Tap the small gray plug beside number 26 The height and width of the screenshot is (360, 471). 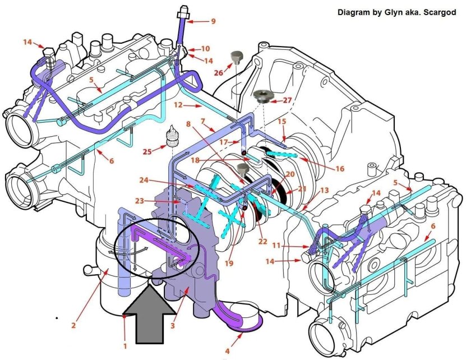[235, 57]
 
